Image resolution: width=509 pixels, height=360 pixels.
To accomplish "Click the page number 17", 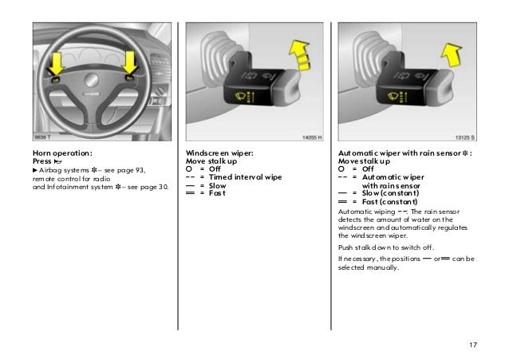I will [473, 344].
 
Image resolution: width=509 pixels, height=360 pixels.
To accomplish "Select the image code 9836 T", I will [44, 136].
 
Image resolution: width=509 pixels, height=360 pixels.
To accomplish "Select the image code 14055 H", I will [310, 136].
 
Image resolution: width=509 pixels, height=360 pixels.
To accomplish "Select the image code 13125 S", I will [462, 136].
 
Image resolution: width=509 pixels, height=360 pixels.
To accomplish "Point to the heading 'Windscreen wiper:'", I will [219, 151].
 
